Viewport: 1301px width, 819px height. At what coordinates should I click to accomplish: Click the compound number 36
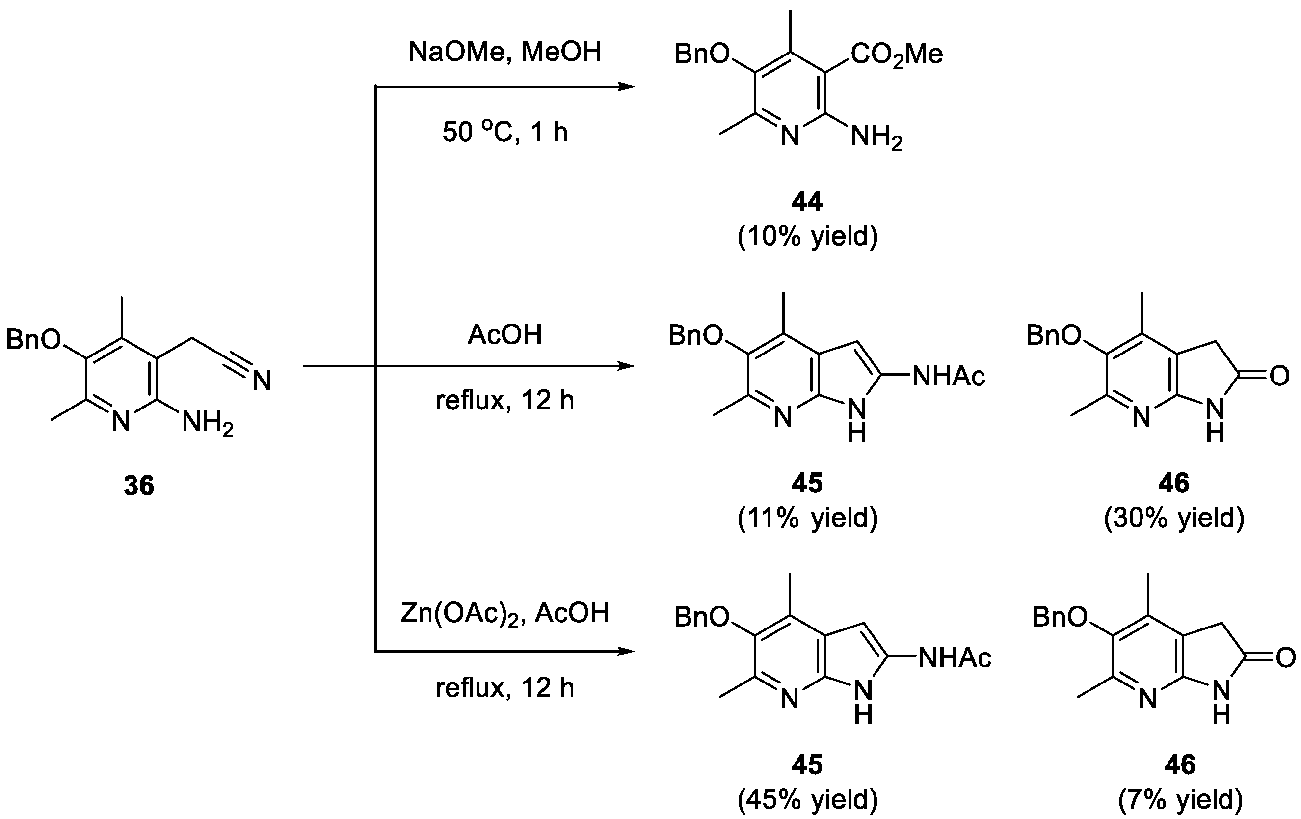click(139, 486)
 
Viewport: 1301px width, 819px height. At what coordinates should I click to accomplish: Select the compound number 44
click(807, 202)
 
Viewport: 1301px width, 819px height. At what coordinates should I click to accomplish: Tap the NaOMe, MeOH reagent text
click(504, 53)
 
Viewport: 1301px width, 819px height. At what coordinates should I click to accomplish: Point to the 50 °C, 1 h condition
click(504, 132)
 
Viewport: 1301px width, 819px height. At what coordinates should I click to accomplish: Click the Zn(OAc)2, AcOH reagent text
click(504, 614)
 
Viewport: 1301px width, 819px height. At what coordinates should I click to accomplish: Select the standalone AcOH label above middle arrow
click(504, 335)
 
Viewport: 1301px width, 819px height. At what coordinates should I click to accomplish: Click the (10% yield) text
click(807, 237)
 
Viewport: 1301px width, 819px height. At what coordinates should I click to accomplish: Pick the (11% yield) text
click(807, 518)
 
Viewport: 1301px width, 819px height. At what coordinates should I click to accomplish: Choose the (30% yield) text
click(1174, 518)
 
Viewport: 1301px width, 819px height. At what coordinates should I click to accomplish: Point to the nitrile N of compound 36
click(262, 381)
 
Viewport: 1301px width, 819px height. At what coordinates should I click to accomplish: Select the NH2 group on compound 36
click(208, 423)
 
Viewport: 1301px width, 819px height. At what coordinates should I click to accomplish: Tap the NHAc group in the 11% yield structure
click(949, 376)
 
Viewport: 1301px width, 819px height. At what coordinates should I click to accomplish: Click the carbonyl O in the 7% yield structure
click(1285, 658)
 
